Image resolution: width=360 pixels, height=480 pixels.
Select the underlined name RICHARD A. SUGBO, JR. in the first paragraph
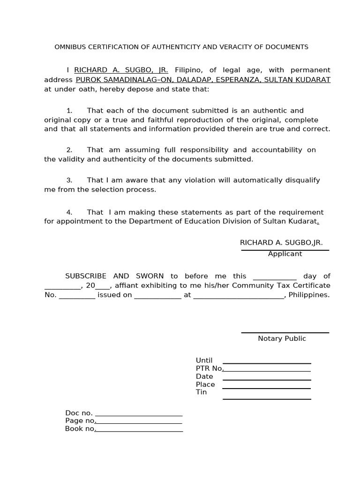point(121,70)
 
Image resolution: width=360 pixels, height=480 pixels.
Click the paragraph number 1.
point(69,111)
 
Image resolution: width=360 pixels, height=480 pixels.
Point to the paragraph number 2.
point(69,150)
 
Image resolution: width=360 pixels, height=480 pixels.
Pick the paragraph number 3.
point(69,180)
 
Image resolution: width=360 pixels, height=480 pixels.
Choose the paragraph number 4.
point(69,212)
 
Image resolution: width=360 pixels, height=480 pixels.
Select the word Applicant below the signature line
point(285,254)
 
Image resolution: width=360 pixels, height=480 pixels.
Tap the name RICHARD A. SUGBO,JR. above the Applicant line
point(281,242)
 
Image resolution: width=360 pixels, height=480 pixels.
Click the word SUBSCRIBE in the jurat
point(86,276)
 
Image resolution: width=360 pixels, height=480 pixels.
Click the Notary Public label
point(282,338)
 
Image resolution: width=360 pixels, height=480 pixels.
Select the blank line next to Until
point(267,363)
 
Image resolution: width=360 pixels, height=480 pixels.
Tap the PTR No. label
point(210,368)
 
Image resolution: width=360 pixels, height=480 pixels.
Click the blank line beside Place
point(267,388)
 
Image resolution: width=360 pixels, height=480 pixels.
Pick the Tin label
point(201,392)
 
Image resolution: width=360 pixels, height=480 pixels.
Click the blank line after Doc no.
point(138,415)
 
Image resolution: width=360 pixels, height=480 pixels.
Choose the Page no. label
point(81,421)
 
